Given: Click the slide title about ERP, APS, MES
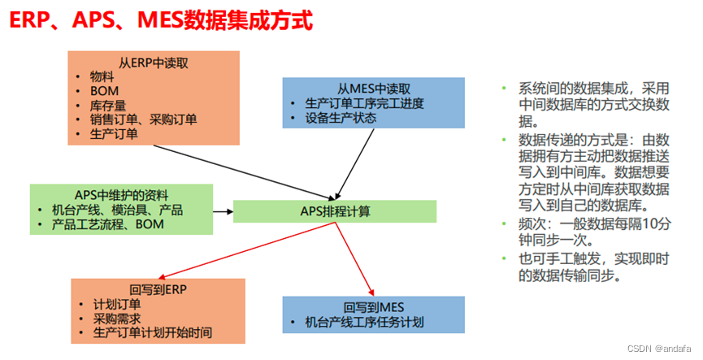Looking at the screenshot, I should click(x=160, y=20).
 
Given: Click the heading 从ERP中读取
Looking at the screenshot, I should click(x=154, y=62).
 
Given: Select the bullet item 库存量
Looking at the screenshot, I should click(x=107, y=105).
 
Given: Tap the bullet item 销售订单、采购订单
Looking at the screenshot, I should click(x=143, y=119).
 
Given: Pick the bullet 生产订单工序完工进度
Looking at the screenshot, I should click(x=363, y=104).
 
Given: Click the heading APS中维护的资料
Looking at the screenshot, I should click(x=121, y=195).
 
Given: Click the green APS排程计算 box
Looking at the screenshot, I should click(x=335, y=211).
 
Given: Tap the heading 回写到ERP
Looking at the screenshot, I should click(x=158, y=289).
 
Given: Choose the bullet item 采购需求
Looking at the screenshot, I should click(x=119, y=319).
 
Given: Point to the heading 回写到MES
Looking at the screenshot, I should click(x=373, y=307).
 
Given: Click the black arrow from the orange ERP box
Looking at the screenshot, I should click(x=244, y=171).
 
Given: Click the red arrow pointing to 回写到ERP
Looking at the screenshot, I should click(x=244, y=252).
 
